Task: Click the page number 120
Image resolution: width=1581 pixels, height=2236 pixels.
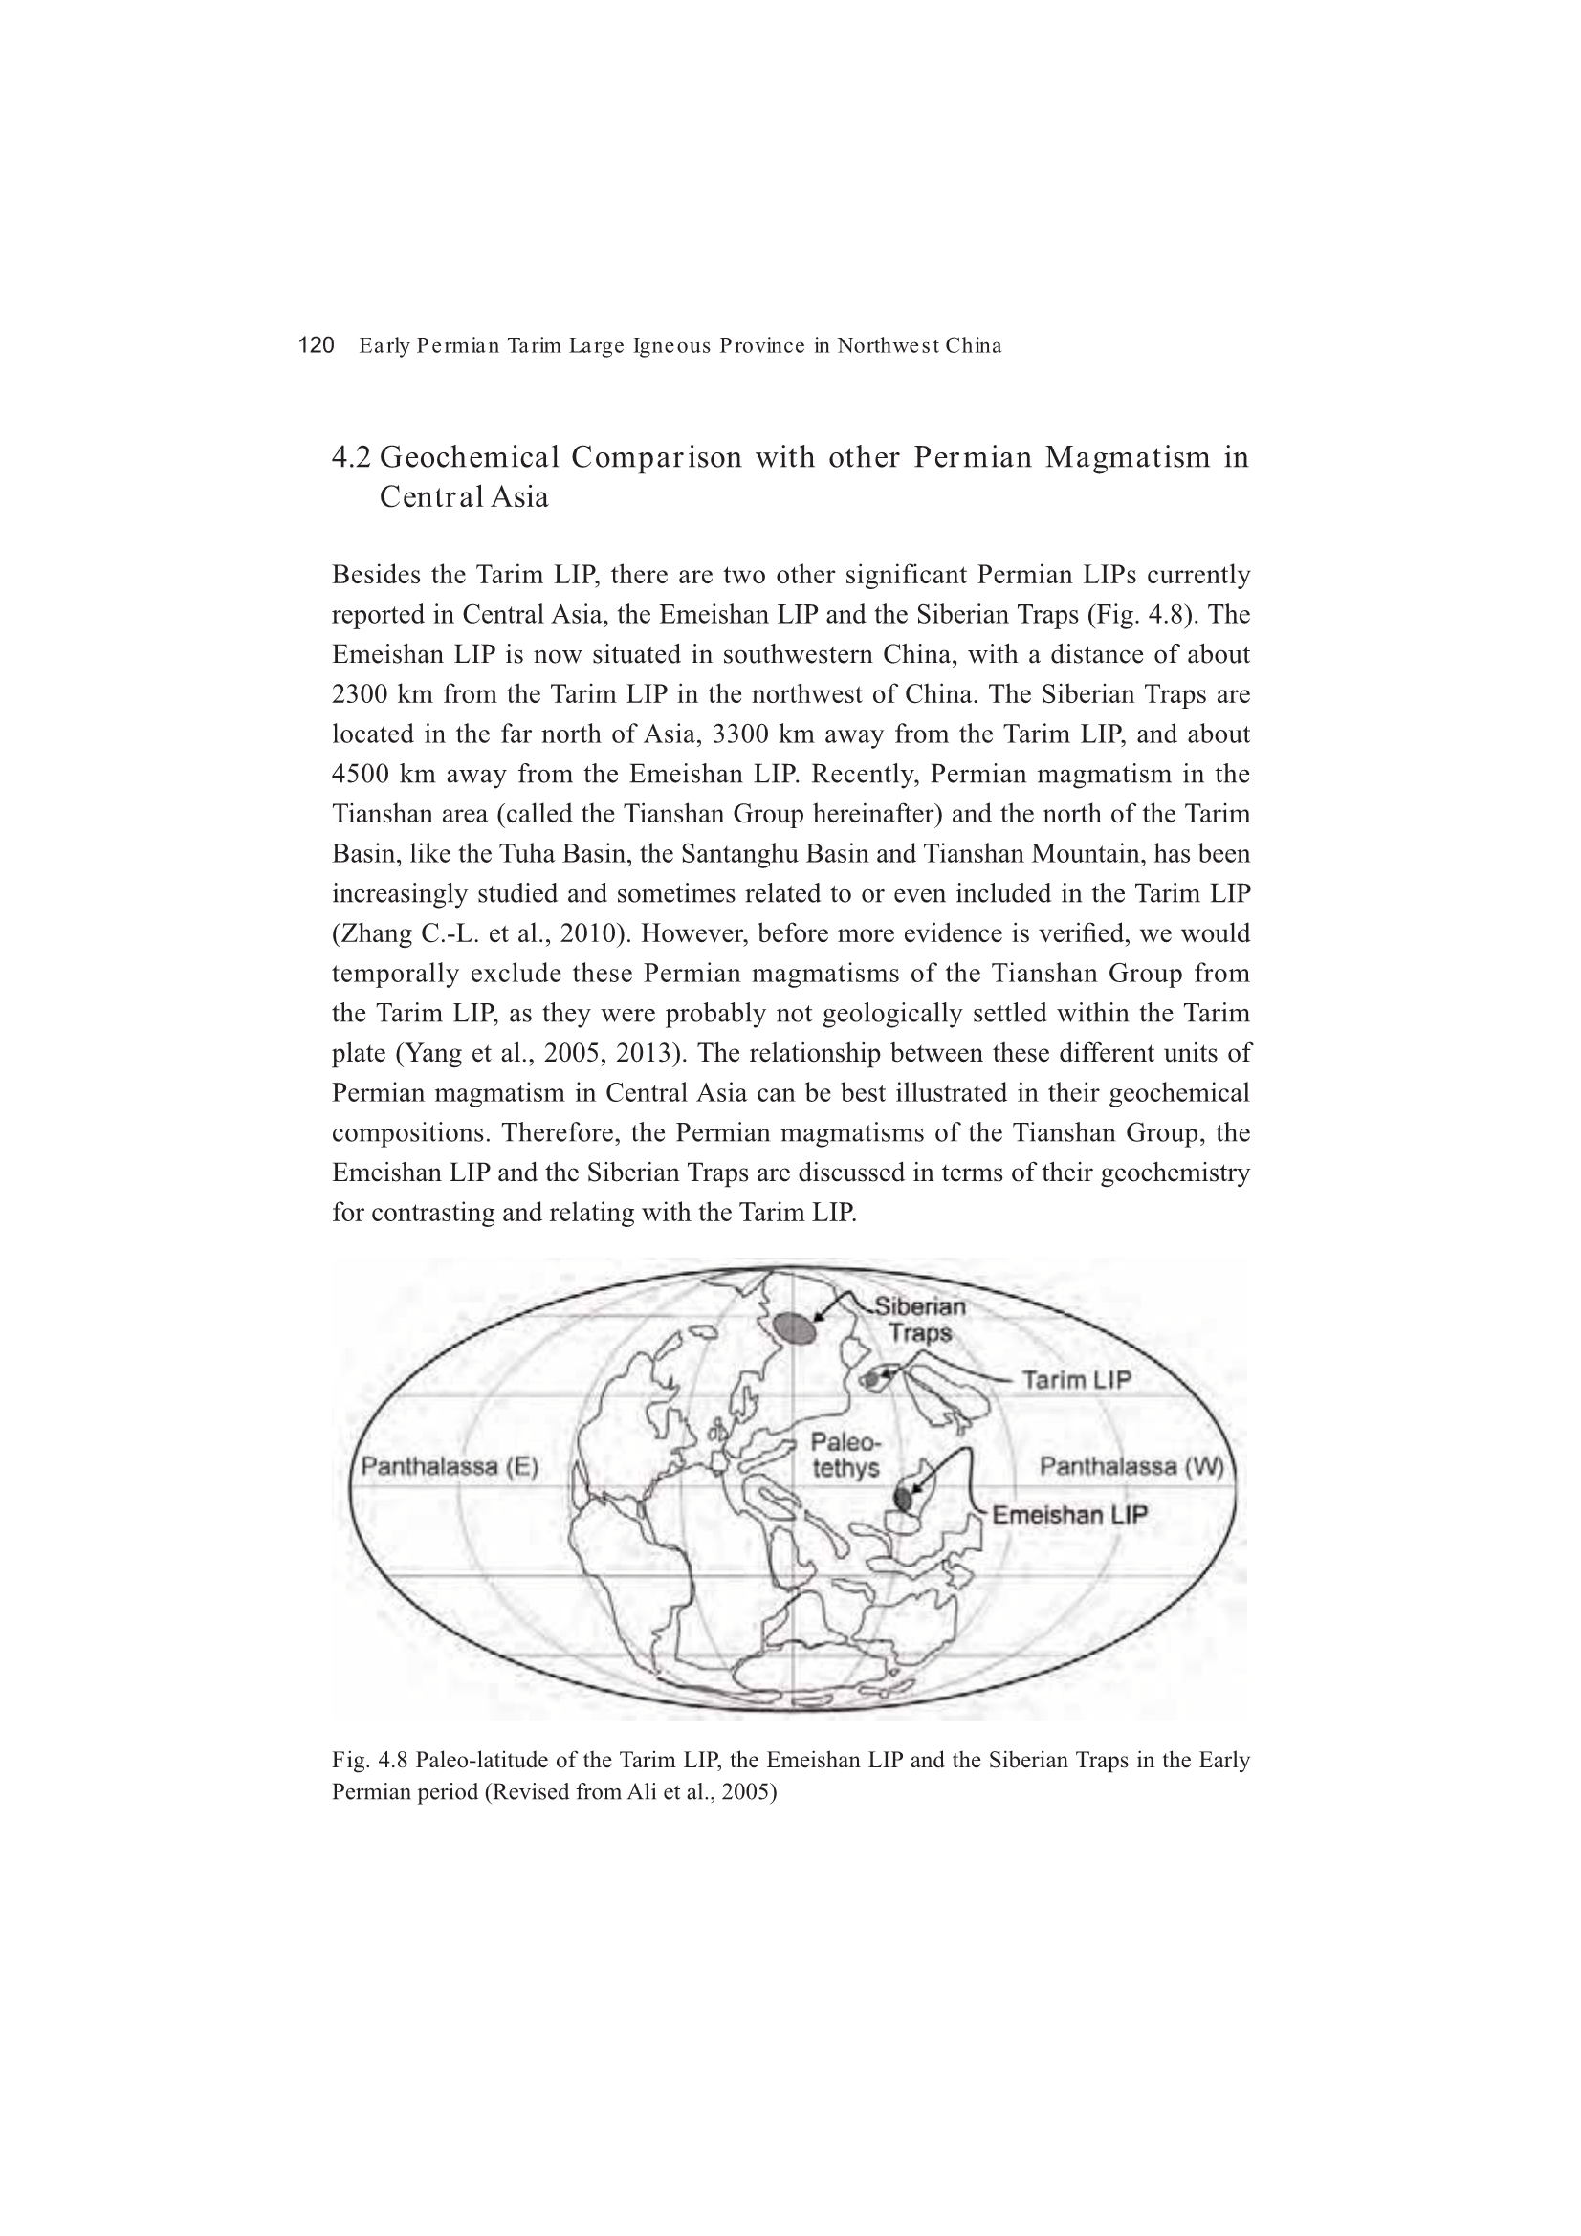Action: tap(316, 345)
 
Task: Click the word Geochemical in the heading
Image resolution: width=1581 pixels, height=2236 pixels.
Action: tap(470, 457)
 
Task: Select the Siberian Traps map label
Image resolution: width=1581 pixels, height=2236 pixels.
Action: tap(918, 1320)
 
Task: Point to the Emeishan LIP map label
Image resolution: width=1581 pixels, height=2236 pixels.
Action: tap(1068, 1514)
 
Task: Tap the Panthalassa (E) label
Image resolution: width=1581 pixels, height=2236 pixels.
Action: tap(450, 1467)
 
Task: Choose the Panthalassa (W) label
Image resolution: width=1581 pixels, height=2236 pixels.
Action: tap(1131, 1466)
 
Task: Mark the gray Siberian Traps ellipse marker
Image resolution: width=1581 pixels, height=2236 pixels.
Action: tap(795, 1327)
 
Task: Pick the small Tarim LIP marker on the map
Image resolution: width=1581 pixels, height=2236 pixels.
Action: tap(872, 1379)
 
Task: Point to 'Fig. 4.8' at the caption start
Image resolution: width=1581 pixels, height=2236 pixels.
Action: tap(369, 1761)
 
